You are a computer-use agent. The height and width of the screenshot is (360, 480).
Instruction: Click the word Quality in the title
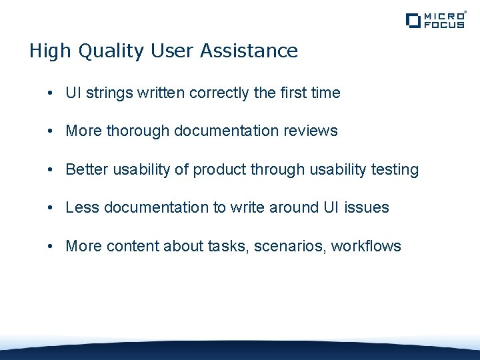(x=101, y=51)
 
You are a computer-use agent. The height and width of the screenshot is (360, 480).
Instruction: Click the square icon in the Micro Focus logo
(x=413, y=21)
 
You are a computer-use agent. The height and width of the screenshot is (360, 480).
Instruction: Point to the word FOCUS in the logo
(x=445, y=25)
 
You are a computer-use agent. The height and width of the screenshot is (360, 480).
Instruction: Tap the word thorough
(x=137, y=131)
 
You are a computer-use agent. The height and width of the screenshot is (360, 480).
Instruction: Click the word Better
(x=87, y=170)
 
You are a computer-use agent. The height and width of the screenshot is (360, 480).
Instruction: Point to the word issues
(x=367, y=208)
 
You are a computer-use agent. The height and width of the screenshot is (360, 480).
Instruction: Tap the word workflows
(x=366, y=247)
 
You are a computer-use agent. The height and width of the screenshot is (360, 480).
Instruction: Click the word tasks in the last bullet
(x=226, y=247)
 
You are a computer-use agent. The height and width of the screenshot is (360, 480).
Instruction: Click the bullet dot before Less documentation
(x=51, y=208)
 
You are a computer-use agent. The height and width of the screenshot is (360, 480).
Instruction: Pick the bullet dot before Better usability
(x=51, y=170)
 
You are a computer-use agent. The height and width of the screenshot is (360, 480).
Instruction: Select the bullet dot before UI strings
(x=51, y=93)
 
